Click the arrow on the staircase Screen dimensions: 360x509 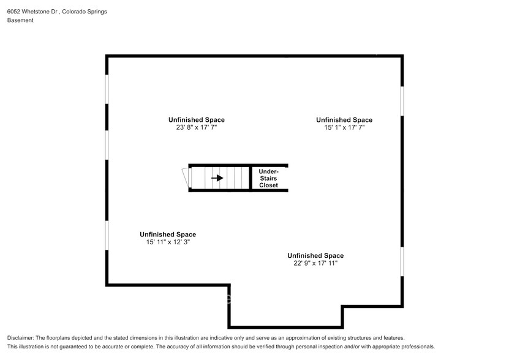(x=217, y=178)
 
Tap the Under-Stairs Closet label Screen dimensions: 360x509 (x=268, y=178)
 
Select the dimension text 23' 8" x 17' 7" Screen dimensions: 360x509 (x=197, y=128)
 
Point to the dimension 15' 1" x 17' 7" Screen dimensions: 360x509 (x=344, y=128)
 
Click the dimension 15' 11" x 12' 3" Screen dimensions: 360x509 (x=168, y=242)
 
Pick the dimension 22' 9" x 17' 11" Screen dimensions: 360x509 (x=315, y=263)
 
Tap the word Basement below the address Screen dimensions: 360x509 (x=20, y=20)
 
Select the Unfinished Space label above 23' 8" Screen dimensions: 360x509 (x=197, y=120)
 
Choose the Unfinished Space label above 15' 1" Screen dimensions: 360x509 (x=344, y=120)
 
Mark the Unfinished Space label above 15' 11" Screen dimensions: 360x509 (x=168, y=234)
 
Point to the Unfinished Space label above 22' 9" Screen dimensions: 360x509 (x=315, y=255)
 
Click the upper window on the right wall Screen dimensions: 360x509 (x=402, y=100)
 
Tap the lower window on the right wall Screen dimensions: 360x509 (x=402, y=263)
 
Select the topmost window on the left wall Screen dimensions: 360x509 (x=107, y=89)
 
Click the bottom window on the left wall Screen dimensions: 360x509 (x=107, y=235)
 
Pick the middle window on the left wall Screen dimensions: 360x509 (x=107, y=145)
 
